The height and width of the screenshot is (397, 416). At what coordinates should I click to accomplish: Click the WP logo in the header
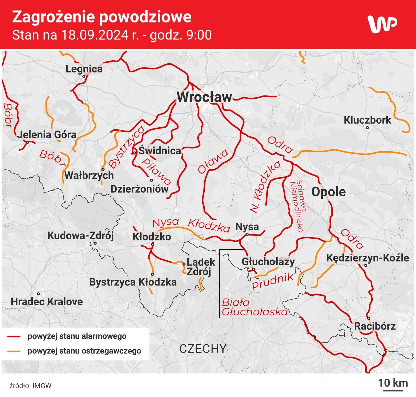coord(382,24)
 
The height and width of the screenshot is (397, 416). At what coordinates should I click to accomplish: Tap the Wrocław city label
coord(204,97)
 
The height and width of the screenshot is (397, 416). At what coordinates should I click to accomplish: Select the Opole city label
coord(328,192)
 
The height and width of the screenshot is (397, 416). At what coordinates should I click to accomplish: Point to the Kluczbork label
coord(367,120)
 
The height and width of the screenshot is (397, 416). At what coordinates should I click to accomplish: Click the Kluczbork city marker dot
coord(367,128)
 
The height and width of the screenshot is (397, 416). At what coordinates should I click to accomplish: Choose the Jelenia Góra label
coord(47,135)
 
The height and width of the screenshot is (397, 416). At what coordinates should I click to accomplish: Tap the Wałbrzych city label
coord(89,175)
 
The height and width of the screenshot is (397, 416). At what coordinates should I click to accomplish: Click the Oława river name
coord(213,161)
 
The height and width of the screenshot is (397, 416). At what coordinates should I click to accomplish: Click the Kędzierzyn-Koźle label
coord(367,258)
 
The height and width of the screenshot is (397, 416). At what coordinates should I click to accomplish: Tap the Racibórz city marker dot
coord(369,318)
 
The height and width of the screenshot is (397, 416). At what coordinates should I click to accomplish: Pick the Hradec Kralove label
coord(47,302)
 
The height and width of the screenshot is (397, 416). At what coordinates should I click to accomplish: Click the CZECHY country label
coord(203,349)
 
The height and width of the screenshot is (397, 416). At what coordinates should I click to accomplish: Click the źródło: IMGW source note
coord(31,386)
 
